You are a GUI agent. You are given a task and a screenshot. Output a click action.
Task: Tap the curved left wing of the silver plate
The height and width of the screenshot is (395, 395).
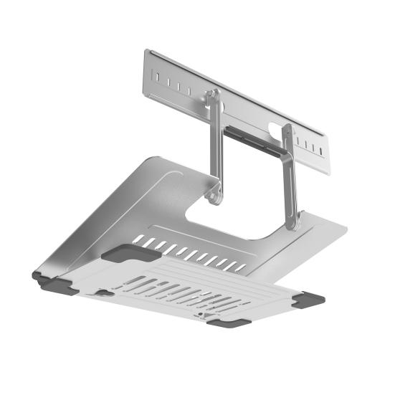[108, 208]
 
